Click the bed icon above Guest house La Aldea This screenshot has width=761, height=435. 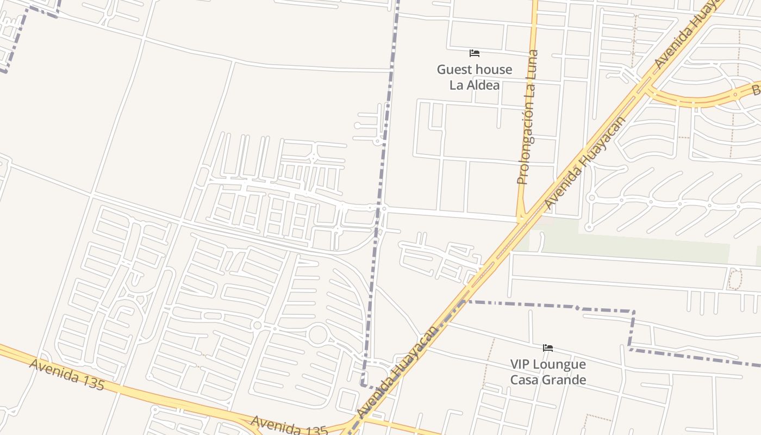(475, 53)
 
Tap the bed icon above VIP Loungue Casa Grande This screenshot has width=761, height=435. (548, 348)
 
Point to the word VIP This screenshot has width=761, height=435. (520, 364)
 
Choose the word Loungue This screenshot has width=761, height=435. (560, 364)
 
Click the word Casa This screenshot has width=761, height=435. (525, 380)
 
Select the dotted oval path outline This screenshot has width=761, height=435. (734, 279)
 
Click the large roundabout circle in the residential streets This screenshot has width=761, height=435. (318, 334)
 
